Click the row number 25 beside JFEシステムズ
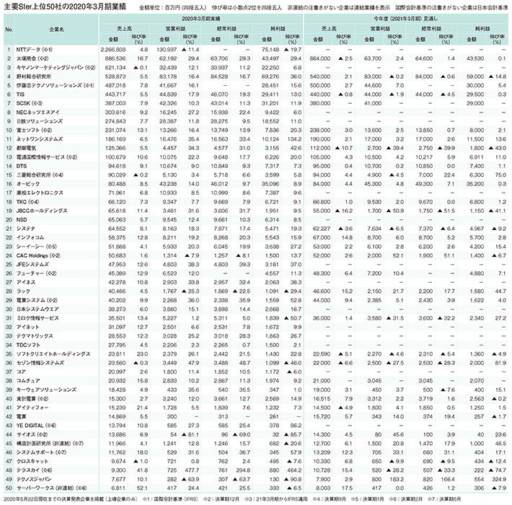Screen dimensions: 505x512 (x=9, y=263)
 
